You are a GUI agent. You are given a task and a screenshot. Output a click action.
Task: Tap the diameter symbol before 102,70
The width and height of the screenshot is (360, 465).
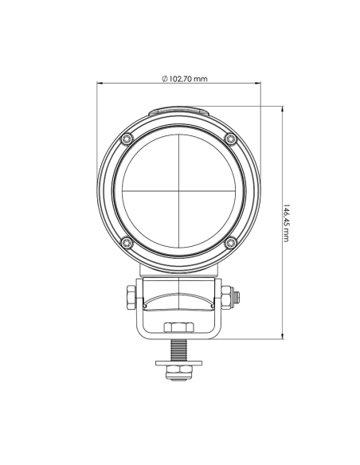(163, 79)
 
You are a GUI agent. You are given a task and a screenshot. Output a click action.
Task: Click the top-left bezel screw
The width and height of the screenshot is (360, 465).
(127, 140)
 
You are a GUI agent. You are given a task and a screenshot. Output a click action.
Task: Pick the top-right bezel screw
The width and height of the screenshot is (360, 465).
(231, 140)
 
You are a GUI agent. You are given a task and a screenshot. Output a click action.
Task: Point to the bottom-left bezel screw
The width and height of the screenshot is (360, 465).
(127, 242)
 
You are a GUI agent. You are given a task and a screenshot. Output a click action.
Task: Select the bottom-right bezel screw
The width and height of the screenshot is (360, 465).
(231, 242)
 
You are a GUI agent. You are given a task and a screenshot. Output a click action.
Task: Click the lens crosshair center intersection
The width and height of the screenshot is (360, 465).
(179, 191)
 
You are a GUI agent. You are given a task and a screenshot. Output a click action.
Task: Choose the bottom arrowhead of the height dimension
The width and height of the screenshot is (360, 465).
(285, 336)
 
